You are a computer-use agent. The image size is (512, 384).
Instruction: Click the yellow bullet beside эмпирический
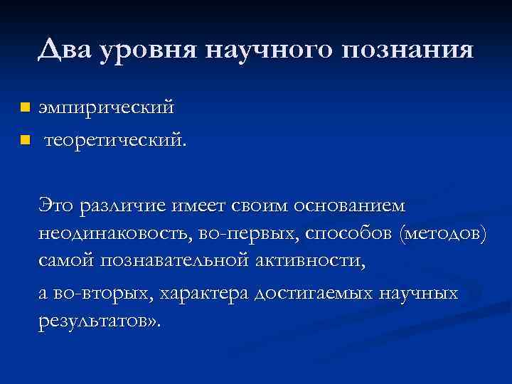click(x=25, y=107)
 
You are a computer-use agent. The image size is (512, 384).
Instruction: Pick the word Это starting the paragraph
click(x=57, y=206)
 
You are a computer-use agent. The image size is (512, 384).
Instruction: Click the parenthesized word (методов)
click(x=444, y=235)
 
